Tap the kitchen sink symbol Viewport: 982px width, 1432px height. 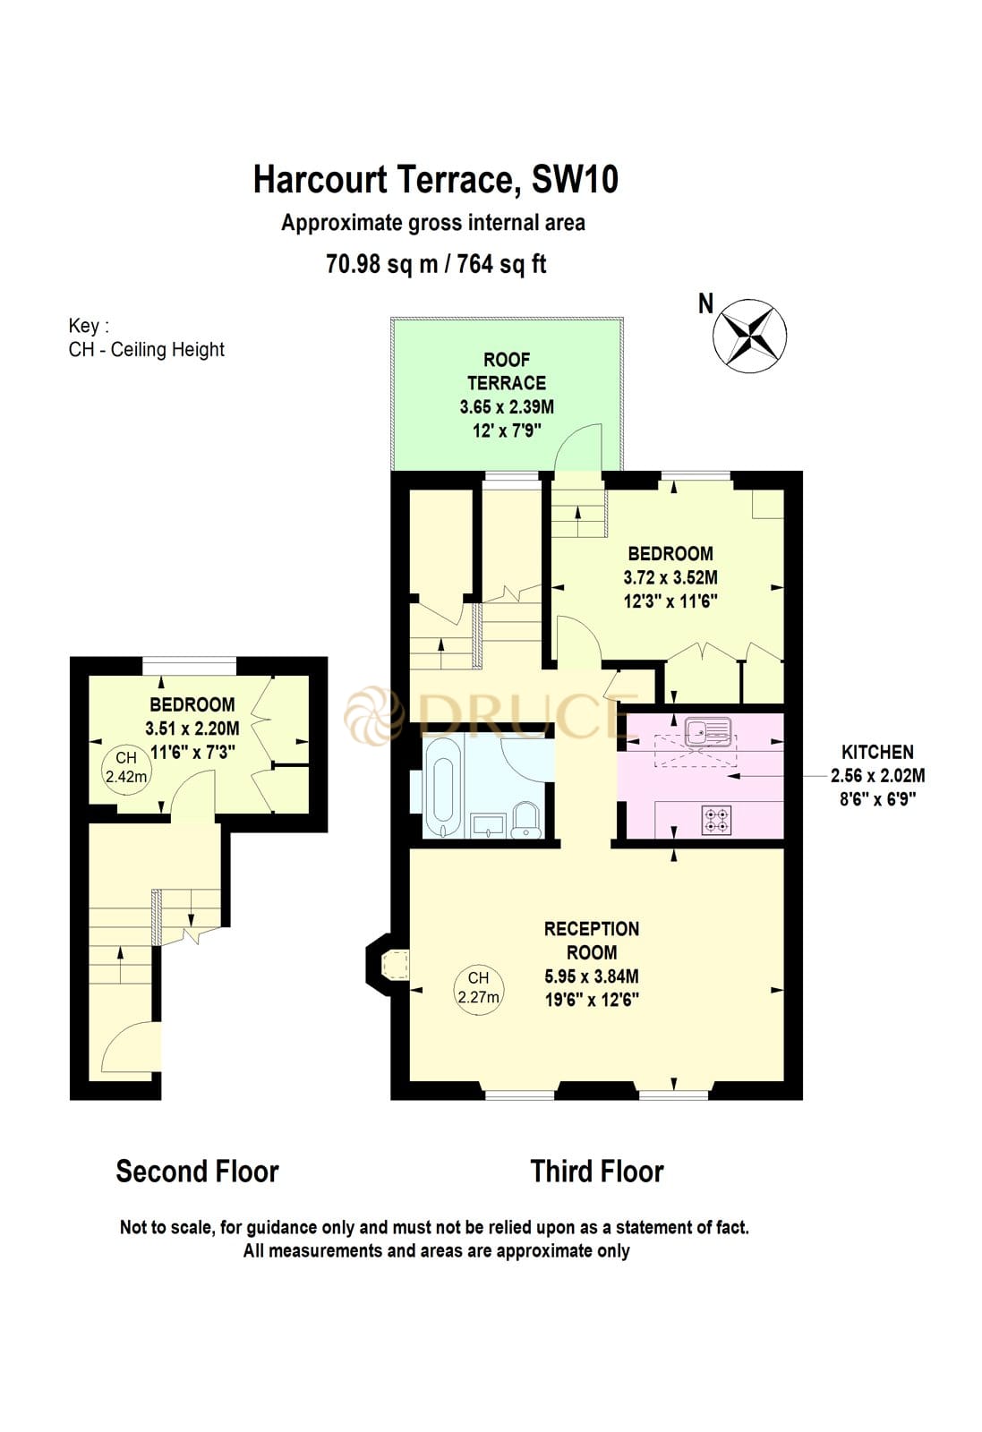[706, 732]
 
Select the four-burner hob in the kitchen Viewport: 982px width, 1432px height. [715, 820]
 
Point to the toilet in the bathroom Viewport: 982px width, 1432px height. [525, 820]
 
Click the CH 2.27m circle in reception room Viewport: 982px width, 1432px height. [478, 987]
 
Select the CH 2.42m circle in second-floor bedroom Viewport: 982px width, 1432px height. [125, 768]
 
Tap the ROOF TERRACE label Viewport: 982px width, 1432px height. [506, 371]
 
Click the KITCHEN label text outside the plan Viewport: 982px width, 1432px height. [876, 752]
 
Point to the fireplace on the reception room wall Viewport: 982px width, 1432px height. [392, 965]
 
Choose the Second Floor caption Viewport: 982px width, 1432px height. [197, 1171]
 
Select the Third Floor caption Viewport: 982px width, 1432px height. [596, 1171]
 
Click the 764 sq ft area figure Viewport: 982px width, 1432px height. [501, 264]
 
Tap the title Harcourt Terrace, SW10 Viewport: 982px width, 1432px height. [435, 179]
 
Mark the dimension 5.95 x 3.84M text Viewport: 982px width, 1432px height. [592, 976]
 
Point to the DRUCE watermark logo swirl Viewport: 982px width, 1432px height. [373, 714]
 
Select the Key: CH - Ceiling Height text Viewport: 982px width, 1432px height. [146, 338]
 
